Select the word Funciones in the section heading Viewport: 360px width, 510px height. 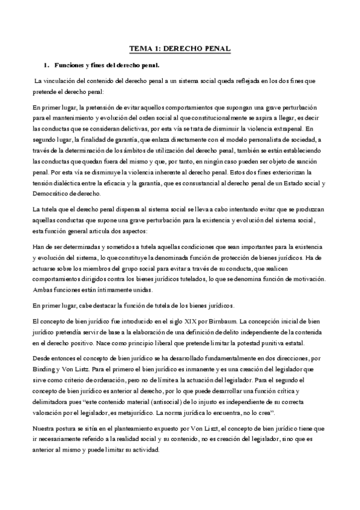coord(69,64)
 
